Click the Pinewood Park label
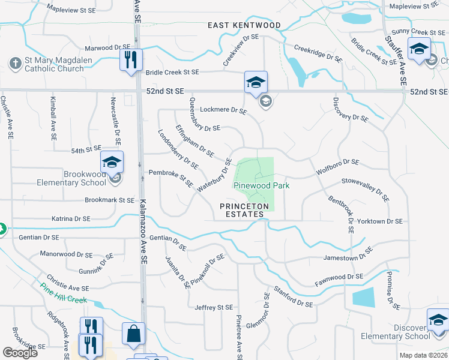pos(261,185)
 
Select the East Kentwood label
pos(244,25)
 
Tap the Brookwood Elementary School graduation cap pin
pos(112,163)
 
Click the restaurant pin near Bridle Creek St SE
pos(130,60)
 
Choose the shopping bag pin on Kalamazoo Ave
pos(133,334)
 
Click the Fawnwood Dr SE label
pos(339,277)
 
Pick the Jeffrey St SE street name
pos(213,307)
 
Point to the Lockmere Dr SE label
pos(223,110)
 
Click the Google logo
pos(20,353)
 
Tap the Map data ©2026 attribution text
pos(423,355)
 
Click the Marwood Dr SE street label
pos(107,47)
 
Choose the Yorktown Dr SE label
pos(379,221)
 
